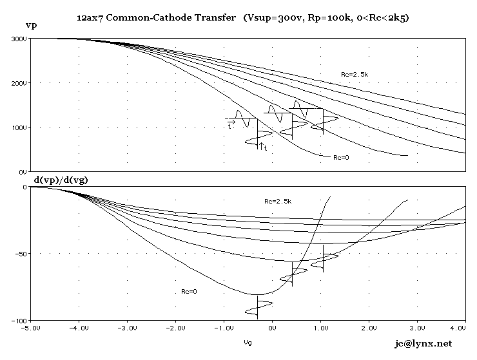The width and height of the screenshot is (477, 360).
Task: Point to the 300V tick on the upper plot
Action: (x=19, y=39)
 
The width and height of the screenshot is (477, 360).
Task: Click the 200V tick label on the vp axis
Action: (x=19, y=84)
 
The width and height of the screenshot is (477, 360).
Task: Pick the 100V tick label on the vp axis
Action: (x=19, y=128)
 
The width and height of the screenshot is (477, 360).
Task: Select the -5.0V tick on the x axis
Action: (x=30, y=327)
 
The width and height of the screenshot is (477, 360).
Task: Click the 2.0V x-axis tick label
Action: (x=369, y=327)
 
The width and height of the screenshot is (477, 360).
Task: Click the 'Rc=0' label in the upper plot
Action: (x=342, y=157)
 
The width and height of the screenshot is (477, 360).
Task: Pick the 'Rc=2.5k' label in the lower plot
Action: (x=278, y=201)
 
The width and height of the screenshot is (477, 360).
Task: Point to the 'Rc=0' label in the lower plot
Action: (x=189, y=292)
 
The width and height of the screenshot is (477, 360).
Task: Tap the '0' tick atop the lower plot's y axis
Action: (x=24, y=187)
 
